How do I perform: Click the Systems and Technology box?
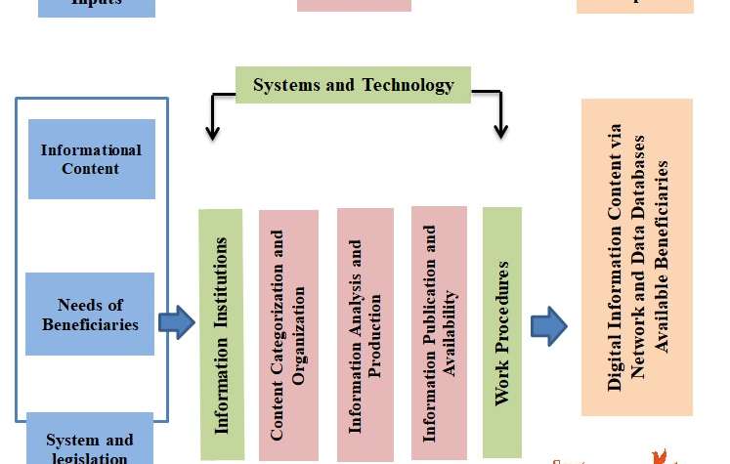coord(353,85)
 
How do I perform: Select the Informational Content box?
coord(92,159)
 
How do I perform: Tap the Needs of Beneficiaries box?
coord(90,314)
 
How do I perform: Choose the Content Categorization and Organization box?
coord(288,334)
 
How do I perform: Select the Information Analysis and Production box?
coord(365,334)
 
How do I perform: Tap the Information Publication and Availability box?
coord(439,332)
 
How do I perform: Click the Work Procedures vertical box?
coord(502,332)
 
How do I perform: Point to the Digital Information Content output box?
coord(637,257)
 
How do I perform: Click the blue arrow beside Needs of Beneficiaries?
coord(177,322)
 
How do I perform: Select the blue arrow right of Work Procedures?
coord(549,326)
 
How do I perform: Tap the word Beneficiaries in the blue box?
coord(90,324)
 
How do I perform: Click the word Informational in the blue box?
coord(91,150)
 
